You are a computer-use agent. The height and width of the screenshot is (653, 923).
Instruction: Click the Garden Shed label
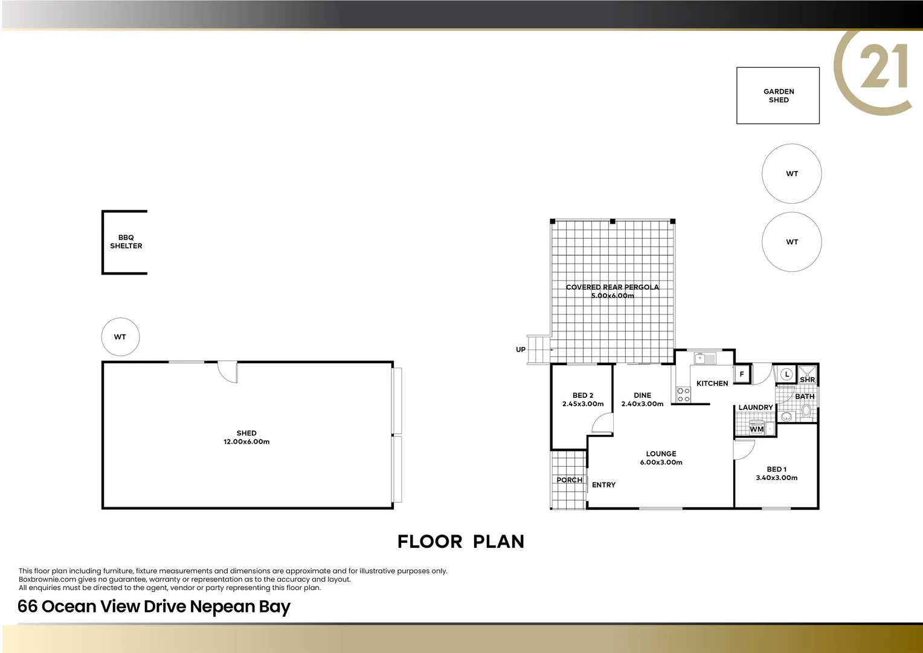(x=778, y=96)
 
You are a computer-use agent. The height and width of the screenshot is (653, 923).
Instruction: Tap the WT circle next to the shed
(x=120, y=337)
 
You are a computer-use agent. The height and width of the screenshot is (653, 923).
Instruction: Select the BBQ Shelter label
(x=126, y=242)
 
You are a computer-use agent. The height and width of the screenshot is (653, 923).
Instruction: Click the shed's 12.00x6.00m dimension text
(x=246, y=442)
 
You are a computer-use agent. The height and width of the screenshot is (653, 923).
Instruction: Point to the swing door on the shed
(x=228, y=372)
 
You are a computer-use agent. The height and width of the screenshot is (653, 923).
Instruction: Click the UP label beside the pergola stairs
(x=520, y=349)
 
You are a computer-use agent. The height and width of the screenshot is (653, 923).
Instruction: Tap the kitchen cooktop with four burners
(x=683, y=395)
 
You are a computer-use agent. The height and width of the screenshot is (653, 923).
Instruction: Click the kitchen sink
(x=704, y=359)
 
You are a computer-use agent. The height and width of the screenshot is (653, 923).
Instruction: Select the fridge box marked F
(x=742, y=374)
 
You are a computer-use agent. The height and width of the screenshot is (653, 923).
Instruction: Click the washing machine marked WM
(x=756, y=429)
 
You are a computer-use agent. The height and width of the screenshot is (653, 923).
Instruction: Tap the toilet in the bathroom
(x=806, y=412)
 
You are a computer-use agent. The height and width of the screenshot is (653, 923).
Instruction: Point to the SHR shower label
(x=807, y=380)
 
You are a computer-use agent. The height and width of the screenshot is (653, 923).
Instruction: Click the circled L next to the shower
(x=786, y=374)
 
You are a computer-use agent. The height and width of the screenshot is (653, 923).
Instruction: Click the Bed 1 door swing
(x=744, y=449)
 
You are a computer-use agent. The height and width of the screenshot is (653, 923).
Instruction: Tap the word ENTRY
(x=603, y=485)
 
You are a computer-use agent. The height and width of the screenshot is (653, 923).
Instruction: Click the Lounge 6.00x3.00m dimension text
(x=661, y=463)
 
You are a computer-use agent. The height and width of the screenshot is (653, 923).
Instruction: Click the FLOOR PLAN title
(x=461, y=542)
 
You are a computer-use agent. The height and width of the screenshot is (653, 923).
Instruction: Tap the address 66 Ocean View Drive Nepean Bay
(x=154, y=606)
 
